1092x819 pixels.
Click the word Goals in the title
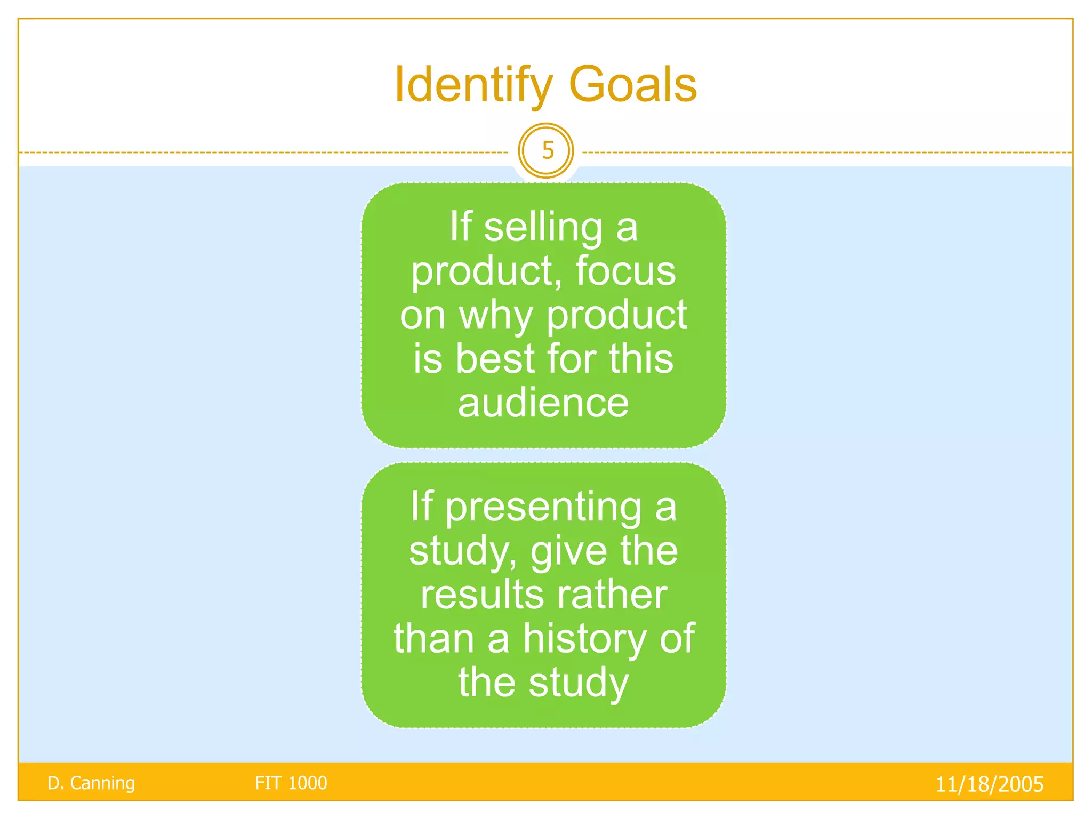[633, 85]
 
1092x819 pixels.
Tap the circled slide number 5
[546, 151]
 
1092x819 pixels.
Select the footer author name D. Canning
[91, 783]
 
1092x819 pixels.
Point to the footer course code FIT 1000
[291, 783]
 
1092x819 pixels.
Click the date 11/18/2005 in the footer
[989, 784]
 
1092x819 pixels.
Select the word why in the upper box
[496, 316]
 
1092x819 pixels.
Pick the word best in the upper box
[495, 358]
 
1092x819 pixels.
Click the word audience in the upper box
[543, 403]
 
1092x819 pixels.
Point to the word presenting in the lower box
[543, 507]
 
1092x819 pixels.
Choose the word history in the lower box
[584, 639]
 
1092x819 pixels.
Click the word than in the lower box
[433, 638]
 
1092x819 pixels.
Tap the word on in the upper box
[422, 316]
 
